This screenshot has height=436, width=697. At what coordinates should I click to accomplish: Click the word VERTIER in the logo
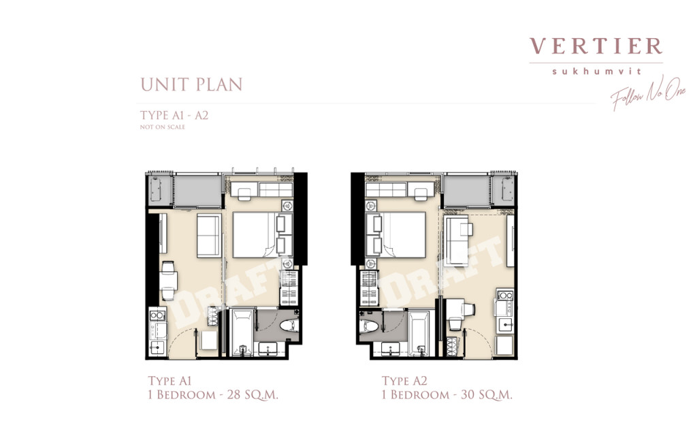[596, 46]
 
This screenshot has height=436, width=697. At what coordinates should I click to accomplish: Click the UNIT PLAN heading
[191, 84]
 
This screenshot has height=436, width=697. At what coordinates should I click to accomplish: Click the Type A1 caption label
[174, 381]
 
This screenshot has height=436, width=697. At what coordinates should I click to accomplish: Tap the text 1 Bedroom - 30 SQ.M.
[447, 394]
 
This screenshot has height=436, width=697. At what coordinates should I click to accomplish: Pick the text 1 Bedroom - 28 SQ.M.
[213, 394]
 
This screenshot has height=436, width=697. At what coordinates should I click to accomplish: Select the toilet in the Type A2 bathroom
[371, 326]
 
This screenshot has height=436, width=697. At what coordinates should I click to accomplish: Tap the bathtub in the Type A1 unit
[242, 332]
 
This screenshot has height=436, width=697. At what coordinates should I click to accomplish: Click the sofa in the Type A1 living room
[208, 234]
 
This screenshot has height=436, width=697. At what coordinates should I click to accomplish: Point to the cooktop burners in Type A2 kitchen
[506, 296]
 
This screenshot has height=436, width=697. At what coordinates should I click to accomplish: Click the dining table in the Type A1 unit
[168, 279]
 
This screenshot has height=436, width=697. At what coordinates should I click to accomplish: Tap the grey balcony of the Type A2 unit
[467, 191]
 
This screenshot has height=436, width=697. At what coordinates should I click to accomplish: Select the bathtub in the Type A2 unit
[419, 332]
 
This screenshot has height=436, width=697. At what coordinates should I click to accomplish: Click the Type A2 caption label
[408, 381]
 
